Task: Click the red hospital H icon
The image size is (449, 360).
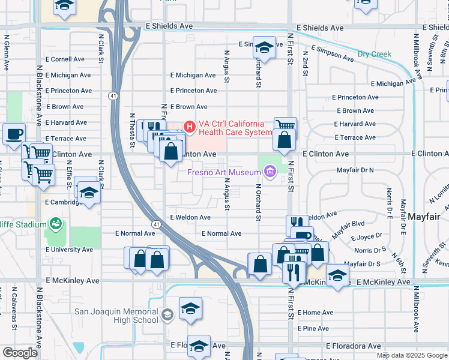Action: pyautogui.click(x=190, y=127)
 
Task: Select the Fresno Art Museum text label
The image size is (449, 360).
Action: pyautogui.click(x=225, y=173)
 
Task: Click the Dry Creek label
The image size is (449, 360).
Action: pyautogui.click(x=374, y=54)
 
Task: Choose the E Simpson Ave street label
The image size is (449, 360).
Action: pyautogui.click(x=332, y=52)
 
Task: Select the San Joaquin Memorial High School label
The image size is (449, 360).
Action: pyautogui.click(x=116, y=316)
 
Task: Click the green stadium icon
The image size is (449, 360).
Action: pyautogui.click(x=56, y=224)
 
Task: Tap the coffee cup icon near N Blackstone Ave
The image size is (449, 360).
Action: pyautogui.click(x=14, y=134)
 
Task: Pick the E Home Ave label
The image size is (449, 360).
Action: pyautogui.click(x=314, y=313)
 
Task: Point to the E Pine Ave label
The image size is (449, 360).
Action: pyautogui.click(x=313, y=328)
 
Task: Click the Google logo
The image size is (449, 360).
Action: pyautogui.click(x=20, y=353)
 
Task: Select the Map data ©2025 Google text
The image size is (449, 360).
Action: pyautogui.click(x=411, y=355)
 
